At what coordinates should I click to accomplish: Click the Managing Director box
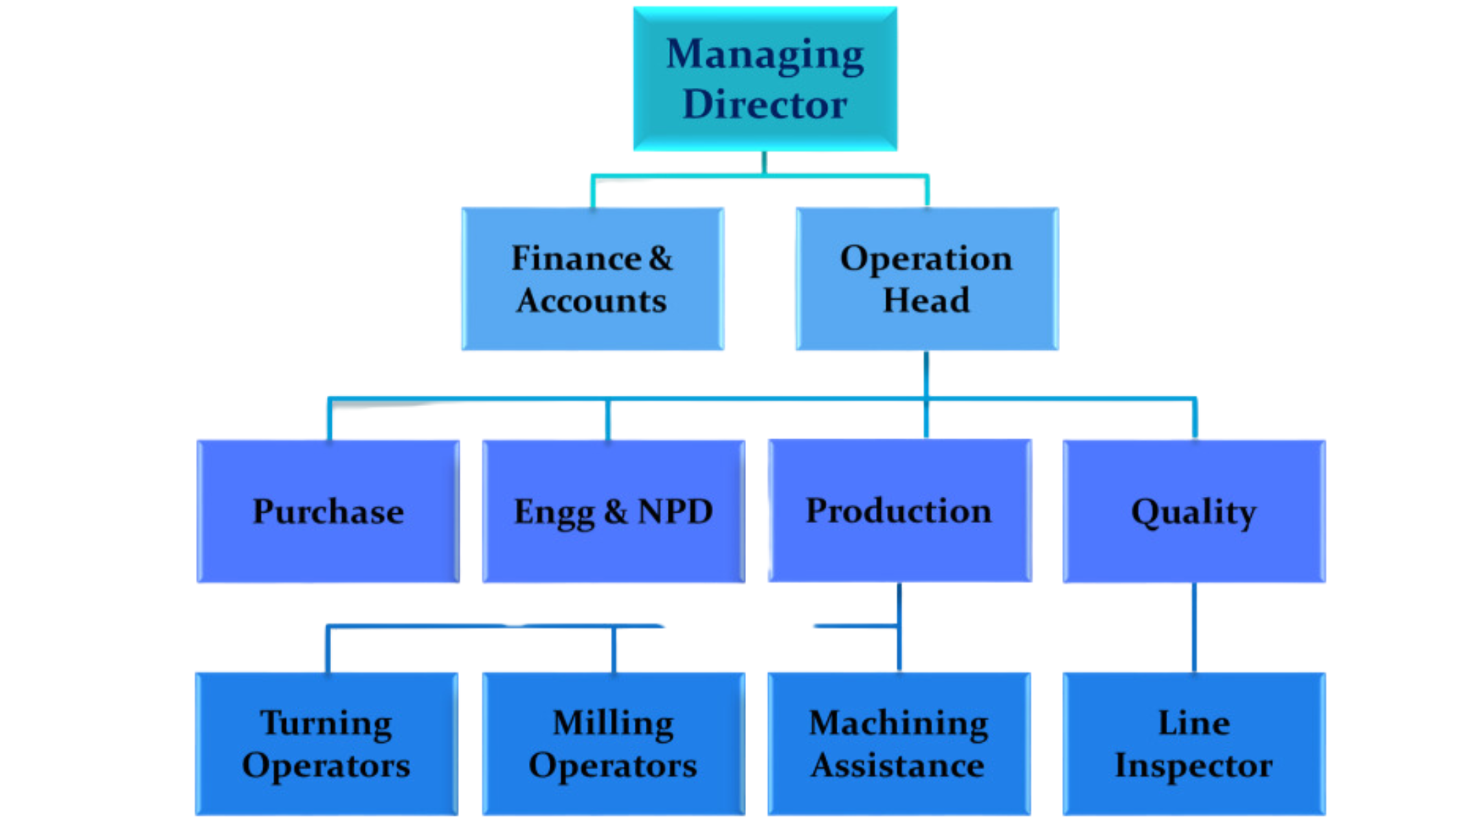(765, 78)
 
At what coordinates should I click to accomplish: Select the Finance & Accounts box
(592, 278)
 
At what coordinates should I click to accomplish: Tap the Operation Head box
(927, 278)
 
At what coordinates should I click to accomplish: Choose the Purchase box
(328, 511)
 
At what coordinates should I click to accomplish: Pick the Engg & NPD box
(614, 511)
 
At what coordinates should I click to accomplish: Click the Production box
(899, 511)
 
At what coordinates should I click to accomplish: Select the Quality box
(1194, 511)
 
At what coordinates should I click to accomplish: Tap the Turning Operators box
(326, 744)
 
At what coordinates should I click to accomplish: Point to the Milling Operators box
(614, 744)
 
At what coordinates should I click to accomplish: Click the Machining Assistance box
(899, 744)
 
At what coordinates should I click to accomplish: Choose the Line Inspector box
(1194, 744)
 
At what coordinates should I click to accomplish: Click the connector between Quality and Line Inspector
(1194, 627)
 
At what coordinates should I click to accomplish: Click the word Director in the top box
(765, 104)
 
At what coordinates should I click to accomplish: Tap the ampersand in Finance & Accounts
(660, 258)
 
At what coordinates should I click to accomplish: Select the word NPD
(675, 511)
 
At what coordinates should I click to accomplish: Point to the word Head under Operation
(926, 300)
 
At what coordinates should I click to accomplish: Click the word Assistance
(897, 766)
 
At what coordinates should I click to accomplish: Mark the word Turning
(326, 724)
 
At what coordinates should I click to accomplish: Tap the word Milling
(613, 724)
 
